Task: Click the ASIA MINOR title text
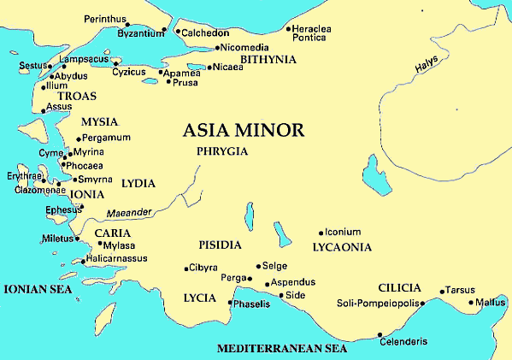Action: pyautogui.click(x=244, y=131)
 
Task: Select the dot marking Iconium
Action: pyautogui.click(x=321, y=232)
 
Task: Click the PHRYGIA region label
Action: pyautogui.click(x=221, y=151)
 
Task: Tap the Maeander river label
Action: pyautogui.click(x=129, y=213)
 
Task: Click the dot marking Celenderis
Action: pyautogui.click(x=381, y=333)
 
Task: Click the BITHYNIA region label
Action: pyautogui.click(x=268, y=60)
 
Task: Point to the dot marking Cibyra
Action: pyautogui.click(x=186, y=269)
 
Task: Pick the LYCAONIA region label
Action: pyautogui.click(x=343, y=247)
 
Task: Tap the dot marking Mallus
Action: pyautogui.click(x=471, y=302)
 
